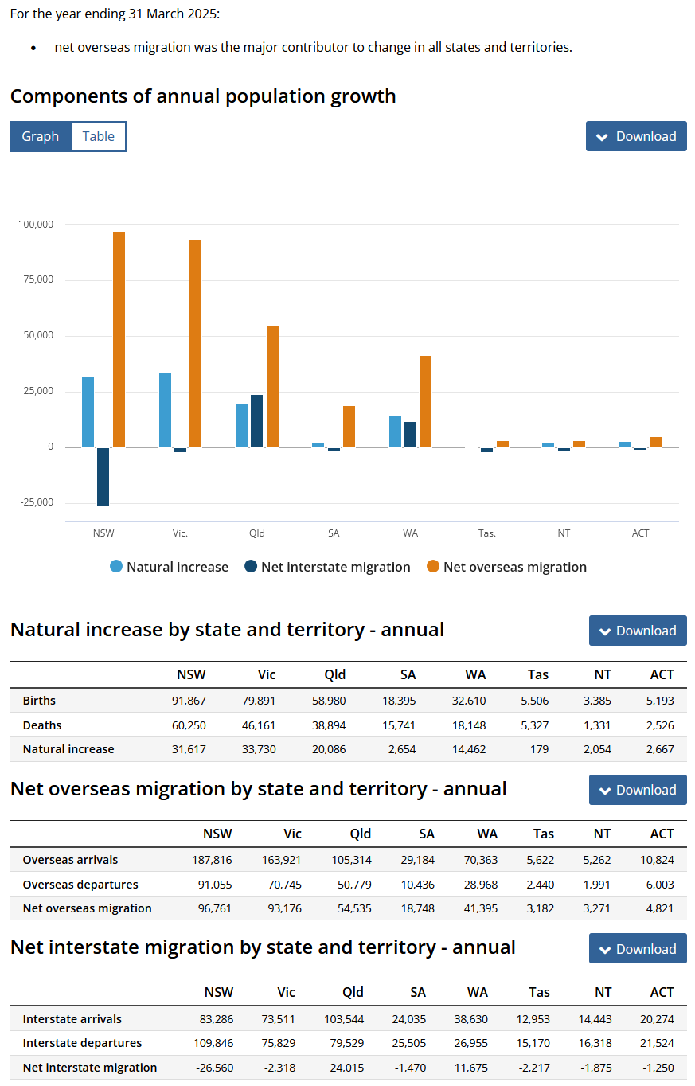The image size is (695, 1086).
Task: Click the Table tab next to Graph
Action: (98, 136)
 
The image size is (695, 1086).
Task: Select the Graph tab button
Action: (41, 136)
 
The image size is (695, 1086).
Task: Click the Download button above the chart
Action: (636, 136)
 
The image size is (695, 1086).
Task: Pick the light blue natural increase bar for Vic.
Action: (165, 410)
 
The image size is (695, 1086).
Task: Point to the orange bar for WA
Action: (426, 401)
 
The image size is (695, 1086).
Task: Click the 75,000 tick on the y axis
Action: (36, 279)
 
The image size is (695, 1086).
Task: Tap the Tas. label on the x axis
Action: (487, 533)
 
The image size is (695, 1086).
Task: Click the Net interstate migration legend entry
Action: (327, 567)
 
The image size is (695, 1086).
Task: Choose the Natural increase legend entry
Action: (169, 567)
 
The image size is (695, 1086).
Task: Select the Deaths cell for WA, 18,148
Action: (470, 725)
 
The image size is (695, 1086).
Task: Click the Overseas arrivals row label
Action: (70, 860)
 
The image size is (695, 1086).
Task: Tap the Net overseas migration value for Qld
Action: (355, 908)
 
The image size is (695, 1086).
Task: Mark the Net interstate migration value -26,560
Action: (213, 1068)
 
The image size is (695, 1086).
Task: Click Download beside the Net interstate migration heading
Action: (638, 949)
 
